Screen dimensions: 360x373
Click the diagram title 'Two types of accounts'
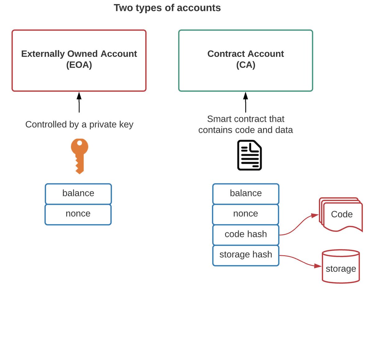click(167, 8)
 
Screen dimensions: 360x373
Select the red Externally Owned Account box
click(79, 78)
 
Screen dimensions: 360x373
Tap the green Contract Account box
click(246, 78)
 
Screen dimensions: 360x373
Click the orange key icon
click(79, 155)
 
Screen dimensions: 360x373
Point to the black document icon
click(249, 155)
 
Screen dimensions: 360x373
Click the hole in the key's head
click(80, 143)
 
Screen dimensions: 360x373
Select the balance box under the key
click(78, 193)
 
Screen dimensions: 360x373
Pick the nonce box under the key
click(78, 214)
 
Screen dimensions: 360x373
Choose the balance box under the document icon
click(246, 193)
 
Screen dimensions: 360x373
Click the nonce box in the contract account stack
click(246, 214)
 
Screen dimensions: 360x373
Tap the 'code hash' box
click(246, 234)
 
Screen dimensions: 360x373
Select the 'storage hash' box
click(246, 255)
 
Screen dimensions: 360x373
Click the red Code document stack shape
click(341, 215)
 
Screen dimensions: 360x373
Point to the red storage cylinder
click(341, 267)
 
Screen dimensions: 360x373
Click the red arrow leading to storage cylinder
click(300, 261)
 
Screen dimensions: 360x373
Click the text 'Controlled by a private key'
click(79, 124)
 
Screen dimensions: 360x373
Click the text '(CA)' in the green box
click(246, 65)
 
